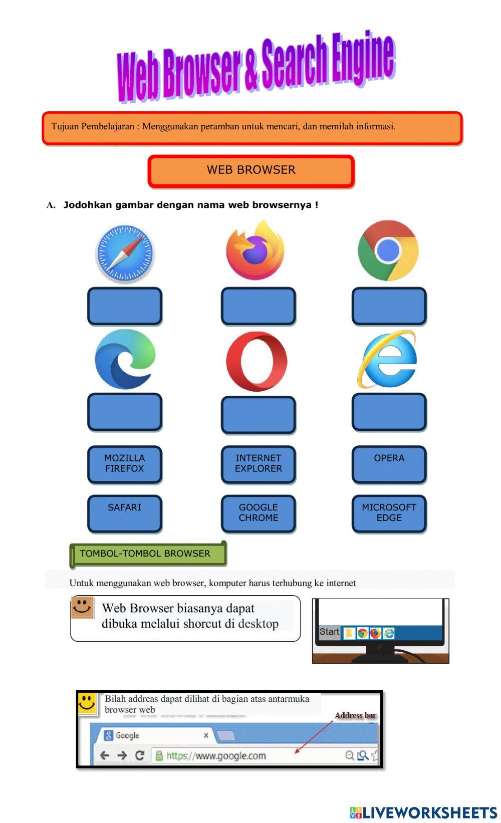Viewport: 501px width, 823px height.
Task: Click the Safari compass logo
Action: pyautogui.click(x=125, y=253)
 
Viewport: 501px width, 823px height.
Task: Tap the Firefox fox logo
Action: pyautogui.click(x=255, y=250)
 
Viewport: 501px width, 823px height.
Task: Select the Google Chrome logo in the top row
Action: pyautogui.click(x=388, y=250)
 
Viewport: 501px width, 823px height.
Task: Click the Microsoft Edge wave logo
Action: pyautogui.click(x=125, y=359)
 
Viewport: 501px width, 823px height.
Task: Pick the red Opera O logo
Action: pyautogui.click(x=257, y=361)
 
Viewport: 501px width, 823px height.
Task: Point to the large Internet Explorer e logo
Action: pyautogui.click(x=387, y=359)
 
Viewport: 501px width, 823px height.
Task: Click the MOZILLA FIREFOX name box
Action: pyautogui.click(x=125, y=464)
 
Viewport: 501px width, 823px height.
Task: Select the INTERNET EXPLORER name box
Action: pyautogui.click(x=259, y=464)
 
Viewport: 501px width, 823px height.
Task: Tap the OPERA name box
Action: pyautogui.click(x=389, y=464)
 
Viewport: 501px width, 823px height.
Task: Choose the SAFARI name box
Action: pyautogui.click(x=125, y=513)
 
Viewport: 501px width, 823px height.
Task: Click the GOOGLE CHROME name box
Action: pyautogui.click(x=259, y=513)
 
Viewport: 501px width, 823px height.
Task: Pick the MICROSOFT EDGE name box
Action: pyautogui.click(x=389, y=513)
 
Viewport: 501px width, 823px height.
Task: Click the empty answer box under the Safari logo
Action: pyautogui.click(x=125, y=306)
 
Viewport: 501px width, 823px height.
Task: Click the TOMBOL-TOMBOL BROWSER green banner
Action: pyautogui.click(x=148, y=554)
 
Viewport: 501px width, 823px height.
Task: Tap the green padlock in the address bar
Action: pyautogui.click(x=159, y=755)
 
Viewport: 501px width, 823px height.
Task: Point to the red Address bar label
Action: pyautogui.click(x=355, y=715)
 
